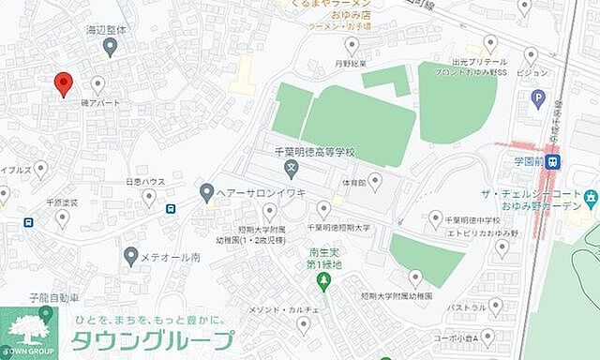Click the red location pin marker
click(x=63, y=83)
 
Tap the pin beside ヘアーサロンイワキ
click(x=206, y=192)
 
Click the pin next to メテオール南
click(x=131, y=255)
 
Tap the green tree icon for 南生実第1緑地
click(x=324, y=280)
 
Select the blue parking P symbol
click(x=538, y=97)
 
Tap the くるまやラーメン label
click(x=318, y=5)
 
